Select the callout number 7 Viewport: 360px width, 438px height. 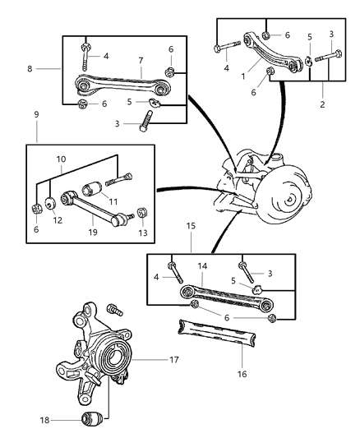click(141, 60)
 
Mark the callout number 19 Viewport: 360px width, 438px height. click(92, 233)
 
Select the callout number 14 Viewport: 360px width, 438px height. click(204, 266)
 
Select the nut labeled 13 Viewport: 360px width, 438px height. click(141, 214)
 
